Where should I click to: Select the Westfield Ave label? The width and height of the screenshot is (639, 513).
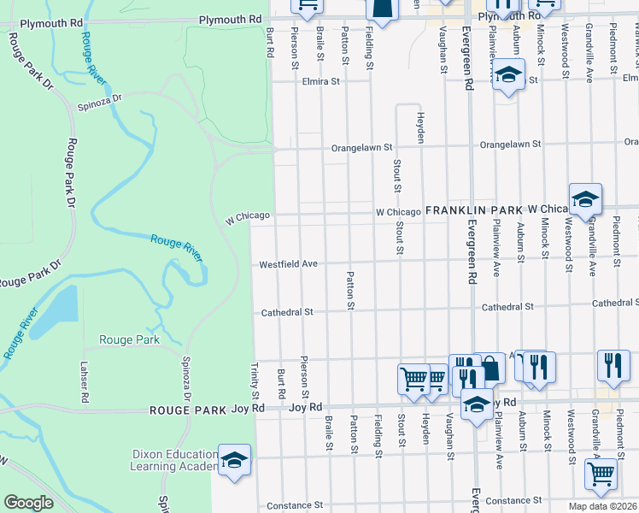289,264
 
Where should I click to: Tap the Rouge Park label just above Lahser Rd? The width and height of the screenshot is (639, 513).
129,339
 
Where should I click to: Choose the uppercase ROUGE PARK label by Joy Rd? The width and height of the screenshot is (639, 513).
188,410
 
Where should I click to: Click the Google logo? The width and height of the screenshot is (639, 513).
28,503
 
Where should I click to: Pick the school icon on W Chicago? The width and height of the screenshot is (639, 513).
585,198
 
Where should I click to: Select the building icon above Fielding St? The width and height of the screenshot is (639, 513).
382,7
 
